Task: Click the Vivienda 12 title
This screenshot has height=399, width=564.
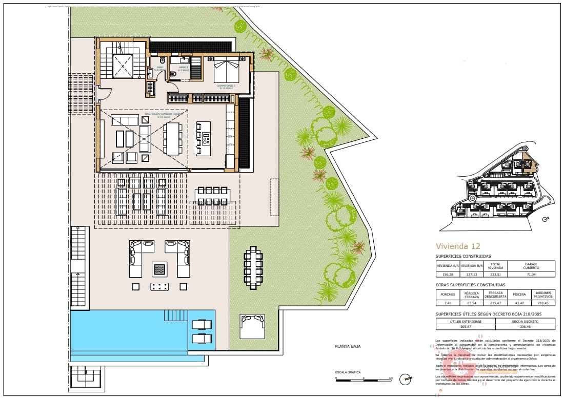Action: [x=458, y=246]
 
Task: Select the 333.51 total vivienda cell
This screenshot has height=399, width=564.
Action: [x=495, y=275]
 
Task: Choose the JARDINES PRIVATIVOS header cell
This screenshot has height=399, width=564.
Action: [x=543, y=295]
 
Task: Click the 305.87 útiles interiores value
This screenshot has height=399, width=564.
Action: [x=466, y=326]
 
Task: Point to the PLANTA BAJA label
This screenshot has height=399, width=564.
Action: [x=348, y=346]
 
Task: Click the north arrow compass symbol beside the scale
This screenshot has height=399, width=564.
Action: [x=407, y=379]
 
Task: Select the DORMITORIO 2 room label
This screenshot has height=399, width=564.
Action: [x=226, y=86]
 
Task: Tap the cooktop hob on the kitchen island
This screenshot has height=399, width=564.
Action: [x=206, y=138]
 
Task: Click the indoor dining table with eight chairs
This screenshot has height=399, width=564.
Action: [x=172, y=138]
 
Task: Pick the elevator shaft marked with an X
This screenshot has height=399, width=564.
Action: [x=122, y=66]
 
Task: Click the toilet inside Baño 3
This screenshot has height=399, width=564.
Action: [x=173, y=74]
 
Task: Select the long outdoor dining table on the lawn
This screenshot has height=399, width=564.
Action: [x=253, y=267]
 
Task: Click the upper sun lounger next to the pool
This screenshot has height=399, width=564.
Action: [x=200, y=324]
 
